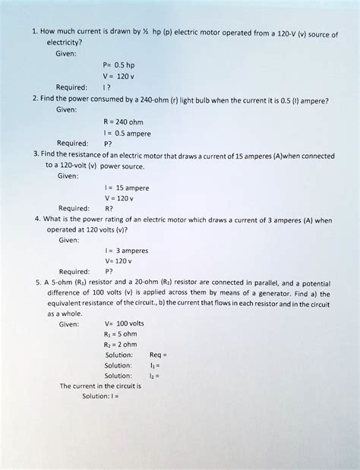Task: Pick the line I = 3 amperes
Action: [x=127, y=248]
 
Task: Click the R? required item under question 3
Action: [x=109, y=207]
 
